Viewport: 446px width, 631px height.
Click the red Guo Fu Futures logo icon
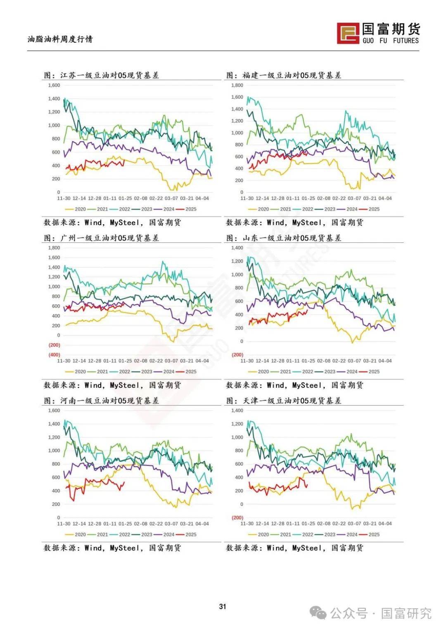tap(348, 33)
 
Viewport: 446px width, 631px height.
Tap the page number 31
tap(223, 607)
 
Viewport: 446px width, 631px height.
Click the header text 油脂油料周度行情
tap(60, 39)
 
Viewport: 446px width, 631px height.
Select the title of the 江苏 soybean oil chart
tap(102, 75)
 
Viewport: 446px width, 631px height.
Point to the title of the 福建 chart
tap(284, 75)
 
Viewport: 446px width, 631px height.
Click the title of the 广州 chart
tap(102, 238)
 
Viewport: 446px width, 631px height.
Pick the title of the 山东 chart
tap(284, 238)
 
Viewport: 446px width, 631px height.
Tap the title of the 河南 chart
tap(102, 401)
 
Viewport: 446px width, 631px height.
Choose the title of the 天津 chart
tap(284, 401)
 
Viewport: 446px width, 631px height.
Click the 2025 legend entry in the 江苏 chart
tap(190, 209)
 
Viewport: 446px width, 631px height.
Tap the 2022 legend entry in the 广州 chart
tap(124, 372)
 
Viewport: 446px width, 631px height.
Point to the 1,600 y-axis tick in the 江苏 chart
tap(54, 85)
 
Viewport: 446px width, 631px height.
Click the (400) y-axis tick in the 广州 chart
tap(54, 355)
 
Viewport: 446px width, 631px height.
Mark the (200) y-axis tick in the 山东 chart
tap(237, 355)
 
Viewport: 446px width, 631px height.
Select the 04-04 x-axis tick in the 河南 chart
tap(202, 524)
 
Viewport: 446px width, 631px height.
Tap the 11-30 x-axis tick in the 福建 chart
tap(247, 198)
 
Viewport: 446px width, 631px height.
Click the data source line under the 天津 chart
tap(294, 548)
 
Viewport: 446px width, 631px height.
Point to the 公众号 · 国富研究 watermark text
tap(380, 613)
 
